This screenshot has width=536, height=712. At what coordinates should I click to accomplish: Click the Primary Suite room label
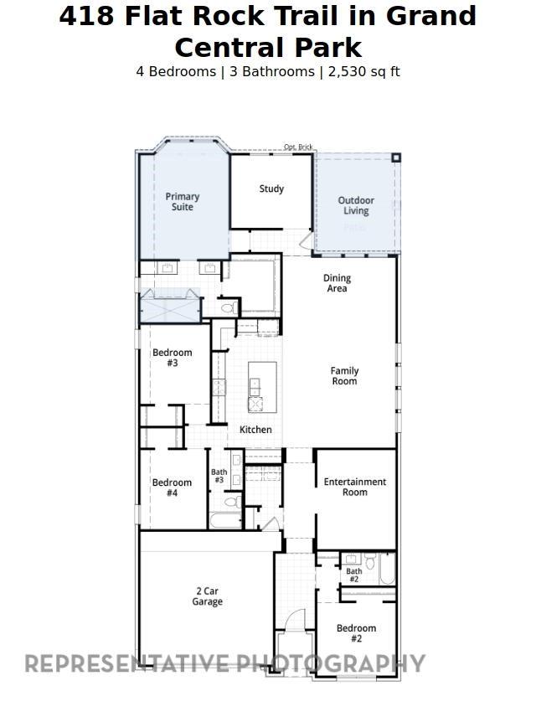(182, 202)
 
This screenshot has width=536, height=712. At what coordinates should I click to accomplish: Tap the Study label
(271, 189)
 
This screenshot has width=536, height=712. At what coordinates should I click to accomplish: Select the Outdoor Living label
(356, 206)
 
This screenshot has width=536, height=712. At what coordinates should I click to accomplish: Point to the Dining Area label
(337, 283)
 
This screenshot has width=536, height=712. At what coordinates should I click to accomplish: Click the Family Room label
(344, 376)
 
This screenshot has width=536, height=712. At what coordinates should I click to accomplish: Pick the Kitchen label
(255, 430)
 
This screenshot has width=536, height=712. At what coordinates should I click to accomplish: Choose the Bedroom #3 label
(172, 358)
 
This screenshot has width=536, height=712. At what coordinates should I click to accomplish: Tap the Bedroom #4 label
(172, 488)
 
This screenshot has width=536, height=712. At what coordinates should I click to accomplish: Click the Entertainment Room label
(355, 487)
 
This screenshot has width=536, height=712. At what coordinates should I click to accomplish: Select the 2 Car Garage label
(207, 596)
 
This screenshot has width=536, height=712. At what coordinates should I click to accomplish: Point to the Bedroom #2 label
(356, 633)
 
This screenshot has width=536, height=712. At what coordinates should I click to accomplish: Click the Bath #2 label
(353, 575)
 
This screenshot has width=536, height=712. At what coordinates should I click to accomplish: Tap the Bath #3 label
(219, 476)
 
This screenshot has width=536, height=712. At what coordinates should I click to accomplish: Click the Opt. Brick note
(298, 147)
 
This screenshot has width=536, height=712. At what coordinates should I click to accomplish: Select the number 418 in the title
(87, 17)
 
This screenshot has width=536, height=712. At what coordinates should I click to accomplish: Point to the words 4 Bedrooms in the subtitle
(175, 72)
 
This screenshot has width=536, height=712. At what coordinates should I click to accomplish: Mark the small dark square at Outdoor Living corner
(396, 157)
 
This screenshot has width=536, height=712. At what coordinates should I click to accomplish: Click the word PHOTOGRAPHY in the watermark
(332, 664)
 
